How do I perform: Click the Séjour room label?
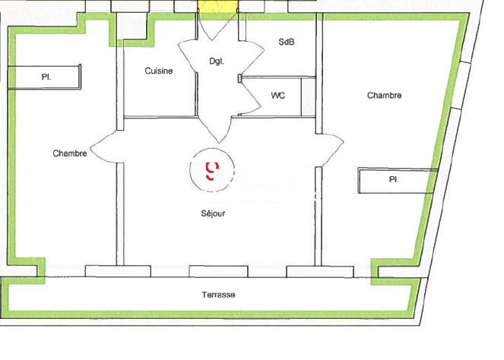[x=213, y=213]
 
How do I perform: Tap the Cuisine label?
[x=159, y=71]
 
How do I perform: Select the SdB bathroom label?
[x=286, y=42]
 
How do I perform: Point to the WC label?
[x=278, y=96]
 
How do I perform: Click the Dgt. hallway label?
[x=217, y=62]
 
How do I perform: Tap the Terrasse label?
[x=219, y=295]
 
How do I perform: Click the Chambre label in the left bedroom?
[x=70, y=153]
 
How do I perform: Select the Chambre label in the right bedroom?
[x=384, y=96]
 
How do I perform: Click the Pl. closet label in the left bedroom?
[x=46, y=77]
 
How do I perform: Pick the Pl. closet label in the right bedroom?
[x=394, y=179]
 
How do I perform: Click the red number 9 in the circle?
[x=212, y=171]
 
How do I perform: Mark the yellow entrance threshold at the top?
[x=217, y=6]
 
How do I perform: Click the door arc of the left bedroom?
[x=103, y=147]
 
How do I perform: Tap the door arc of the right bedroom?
[x=332, y=150]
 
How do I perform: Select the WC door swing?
[x=250, y=96]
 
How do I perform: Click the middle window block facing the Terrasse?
[x=219, y=271]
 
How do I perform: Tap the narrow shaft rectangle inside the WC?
[x=308, y=96]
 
